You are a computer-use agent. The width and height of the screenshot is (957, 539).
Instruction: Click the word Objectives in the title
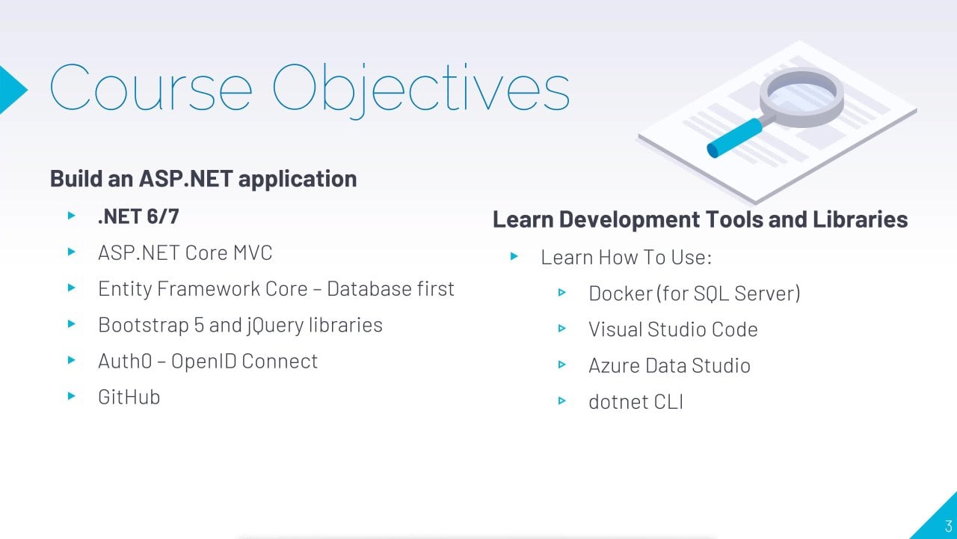click(421, 91)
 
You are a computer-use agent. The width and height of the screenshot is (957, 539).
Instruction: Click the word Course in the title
click(151, 88)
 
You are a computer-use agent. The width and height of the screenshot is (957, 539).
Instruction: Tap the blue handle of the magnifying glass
click(734, 138)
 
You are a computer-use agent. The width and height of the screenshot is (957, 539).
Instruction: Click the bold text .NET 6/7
click(138, 216)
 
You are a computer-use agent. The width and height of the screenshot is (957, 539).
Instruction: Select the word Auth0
click(125, 361)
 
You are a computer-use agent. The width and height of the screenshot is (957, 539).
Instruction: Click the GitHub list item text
click(129, 397)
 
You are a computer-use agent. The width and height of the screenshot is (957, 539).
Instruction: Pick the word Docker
click(621, 293)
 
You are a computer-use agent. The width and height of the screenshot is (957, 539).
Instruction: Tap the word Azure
click(614, 366)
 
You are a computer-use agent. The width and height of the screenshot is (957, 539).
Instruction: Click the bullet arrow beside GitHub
click(72, 396)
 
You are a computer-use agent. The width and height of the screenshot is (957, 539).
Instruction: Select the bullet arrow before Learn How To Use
click(514, 256)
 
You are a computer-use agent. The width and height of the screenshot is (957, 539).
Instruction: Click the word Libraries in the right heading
click(860, 219)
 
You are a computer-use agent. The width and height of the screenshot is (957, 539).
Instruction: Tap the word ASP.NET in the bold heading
click(186, 178)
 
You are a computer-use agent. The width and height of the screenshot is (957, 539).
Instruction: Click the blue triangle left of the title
click(13, 90)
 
